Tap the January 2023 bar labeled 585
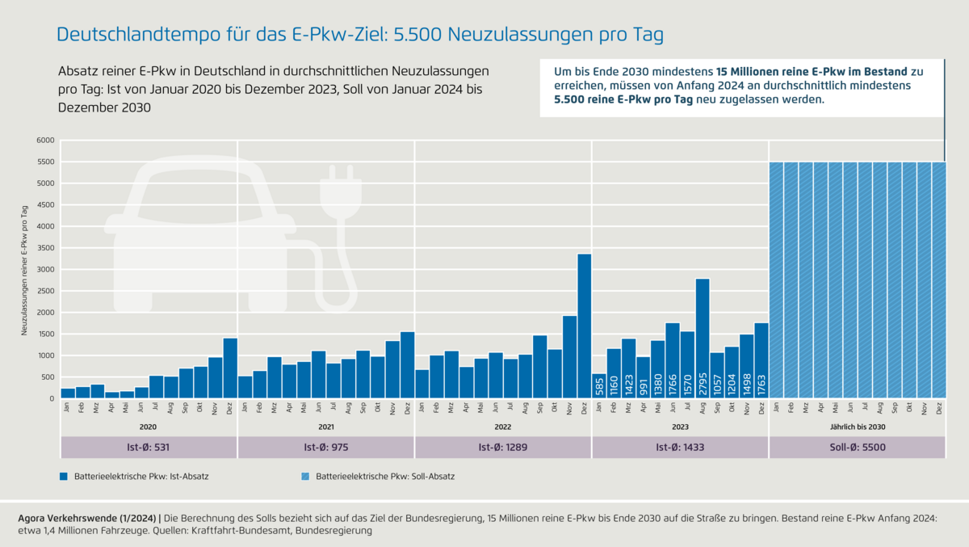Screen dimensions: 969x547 point(599,386)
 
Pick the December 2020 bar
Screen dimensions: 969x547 point(230,368)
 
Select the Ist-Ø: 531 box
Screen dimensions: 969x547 point(149,448)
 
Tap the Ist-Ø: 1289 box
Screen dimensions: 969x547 point(503,448)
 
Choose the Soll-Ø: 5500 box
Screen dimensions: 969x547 point(857,448)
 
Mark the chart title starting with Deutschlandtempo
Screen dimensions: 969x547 point(359,35)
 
